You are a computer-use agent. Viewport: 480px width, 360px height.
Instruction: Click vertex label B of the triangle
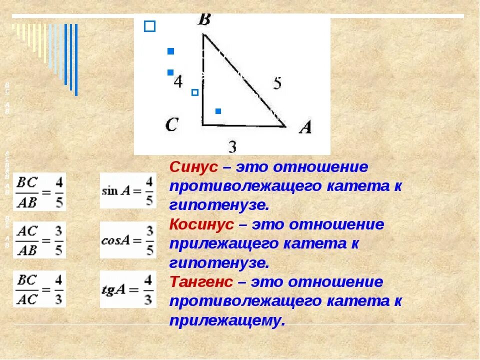tap(204, 20)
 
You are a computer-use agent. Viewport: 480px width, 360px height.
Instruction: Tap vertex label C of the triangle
tap(171, 124)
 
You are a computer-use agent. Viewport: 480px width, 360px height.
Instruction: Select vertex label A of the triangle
tap(305, 127)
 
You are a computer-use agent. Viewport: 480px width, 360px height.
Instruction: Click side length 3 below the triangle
tap(232, 147)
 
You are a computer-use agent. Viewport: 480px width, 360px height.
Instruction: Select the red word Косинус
tap(201, 224)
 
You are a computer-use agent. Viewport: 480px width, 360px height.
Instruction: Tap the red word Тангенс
tap(201, 282)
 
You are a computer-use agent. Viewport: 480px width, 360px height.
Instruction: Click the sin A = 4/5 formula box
tap(128, 190)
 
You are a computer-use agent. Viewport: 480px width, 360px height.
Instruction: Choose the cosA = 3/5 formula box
tap(128, 240)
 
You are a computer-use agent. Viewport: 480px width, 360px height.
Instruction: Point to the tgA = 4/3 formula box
tap(128, 289)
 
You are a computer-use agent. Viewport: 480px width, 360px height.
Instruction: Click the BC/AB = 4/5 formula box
tap(39, 191)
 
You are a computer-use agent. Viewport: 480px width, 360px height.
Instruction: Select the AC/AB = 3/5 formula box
tap(39, 240)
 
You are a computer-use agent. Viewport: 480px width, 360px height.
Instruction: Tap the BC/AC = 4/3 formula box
tap(39, 289)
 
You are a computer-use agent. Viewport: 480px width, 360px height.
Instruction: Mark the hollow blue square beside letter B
tap(149, 26)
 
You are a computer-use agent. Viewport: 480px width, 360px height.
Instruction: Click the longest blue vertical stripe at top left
tap(76, 59)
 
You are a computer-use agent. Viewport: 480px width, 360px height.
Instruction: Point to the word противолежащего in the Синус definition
tap(245, 186)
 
